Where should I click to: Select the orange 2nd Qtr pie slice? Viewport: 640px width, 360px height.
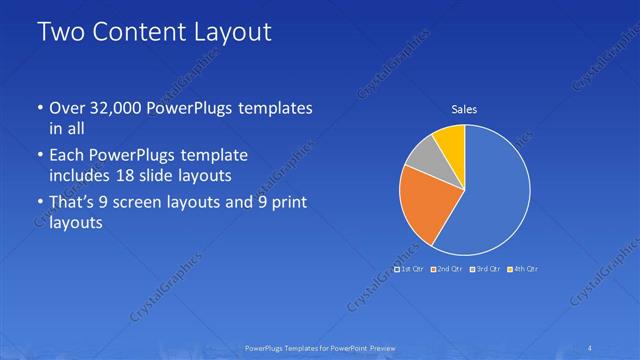pos(426,202)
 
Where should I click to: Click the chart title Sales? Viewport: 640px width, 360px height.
pos(463,109)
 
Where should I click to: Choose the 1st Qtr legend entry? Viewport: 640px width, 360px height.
pos(410,269)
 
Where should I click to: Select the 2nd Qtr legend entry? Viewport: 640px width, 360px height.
pos(447,269)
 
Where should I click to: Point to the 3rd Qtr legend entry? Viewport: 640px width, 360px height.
pos(485,269)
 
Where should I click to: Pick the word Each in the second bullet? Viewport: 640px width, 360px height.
pos(68,156)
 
